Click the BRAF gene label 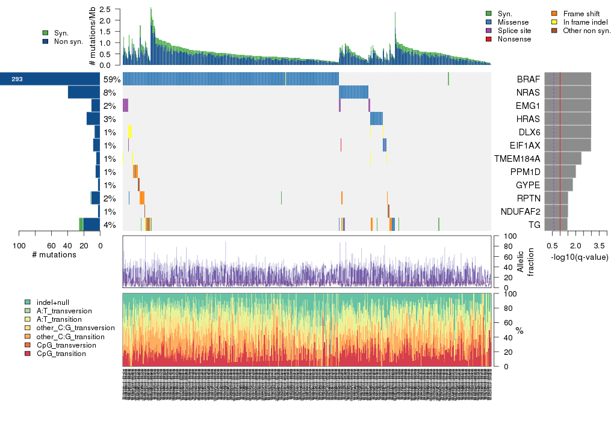[528, 79]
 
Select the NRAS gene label [527, 93]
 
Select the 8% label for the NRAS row [110, 93]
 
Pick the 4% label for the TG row [110, 226]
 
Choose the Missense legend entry [512, 22]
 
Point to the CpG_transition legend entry [61, 354]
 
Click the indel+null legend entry [52, 302]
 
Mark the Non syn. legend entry [68, 41]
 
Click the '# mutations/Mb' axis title [92, 38]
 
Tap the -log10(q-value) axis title [579, 257]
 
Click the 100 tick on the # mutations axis [19, 245]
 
